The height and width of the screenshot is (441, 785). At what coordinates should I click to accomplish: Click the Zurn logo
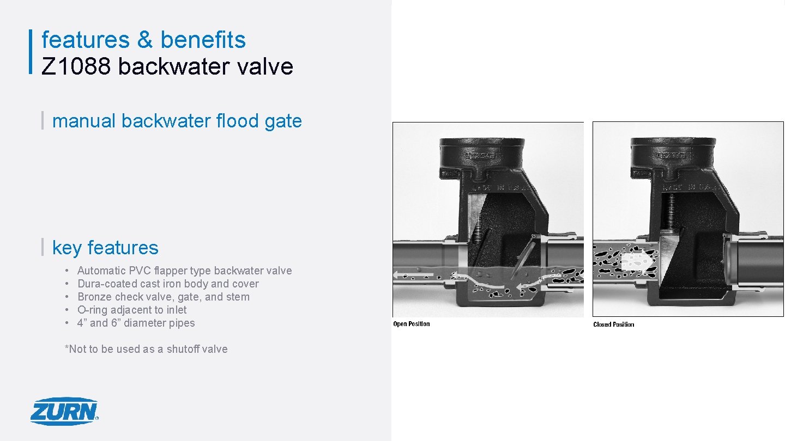pyautogui.click(x=64, y=411)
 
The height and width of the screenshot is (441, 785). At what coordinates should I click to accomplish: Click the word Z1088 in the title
pyautogui.click(x=76, y=66)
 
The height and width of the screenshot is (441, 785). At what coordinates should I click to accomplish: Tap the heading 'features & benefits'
pyautogui.click(x=143, y=40)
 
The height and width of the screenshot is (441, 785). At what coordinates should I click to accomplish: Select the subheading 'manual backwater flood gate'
pyautogui.click(x=177, y=121)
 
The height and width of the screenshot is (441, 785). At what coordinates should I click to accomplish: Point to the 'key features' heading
pyautogui.click(x=105, y=248)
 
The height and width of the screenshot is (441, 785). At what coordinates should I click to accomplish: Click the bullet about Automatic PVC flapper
pyautogui.click(x=184, y=271)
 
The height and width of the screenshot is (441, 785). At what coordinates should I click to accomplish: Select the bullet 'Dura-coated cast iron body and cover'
pyautogui.click(x=168, y=284)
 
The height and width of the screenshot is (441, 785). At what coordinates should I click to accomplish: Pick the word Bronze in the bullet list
pyautogui.click(x=94, y=297)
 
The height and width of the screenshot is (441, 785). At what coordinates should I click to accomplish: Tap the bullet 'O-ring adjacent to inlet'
pyautogui.click(x=132, y=310)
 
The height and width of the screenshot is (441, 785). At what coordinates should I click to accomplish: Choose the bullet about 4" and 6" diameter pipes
pyautogui.click(x=136, y=323)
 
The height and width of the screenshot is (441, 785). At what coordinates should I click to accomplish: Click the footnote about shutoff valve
pyautogui.click(x=146, y=349)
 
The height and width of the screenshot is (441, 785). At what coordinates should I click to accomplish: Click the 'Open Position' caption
pyautogui.click(x=412, y=324)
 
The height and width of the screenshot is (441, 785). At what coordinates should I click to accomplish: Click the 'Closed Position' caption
pyautogui.click(x=613, y=324)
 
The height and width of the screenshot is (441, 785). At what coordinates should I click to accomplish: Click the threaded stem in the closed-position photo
pyautogui.click(x=671, y=210)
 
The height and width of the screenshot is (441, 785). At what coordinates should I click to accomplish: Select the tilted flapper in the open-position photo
pyautogui.click(x=522, y=256)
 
